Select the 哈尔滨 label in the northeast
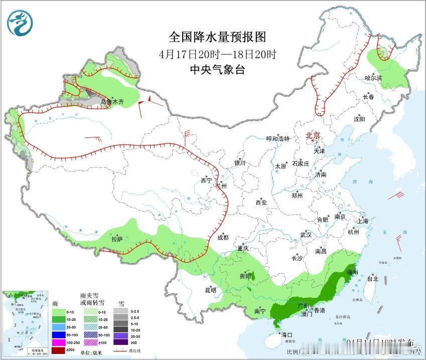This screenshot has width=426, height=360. (x=373, y=78)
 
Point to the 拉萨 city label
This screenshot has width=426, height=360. (x=116, y=240)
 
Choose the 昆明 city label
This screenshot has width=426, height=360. (x=210, y=290)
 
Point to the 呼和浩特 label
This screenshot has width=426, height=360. (x=278, y=138)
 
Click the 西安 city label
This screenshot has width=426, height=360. (x=261, y=203)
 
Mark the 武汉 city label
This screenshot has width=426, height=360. (x=306, y=235)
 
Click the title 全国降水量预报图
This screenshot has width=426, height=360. (x=217, y=37)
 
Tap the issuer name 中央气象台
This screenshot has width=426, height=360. (x=217, y=70)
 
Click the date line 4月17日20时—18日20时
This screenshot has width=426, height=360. (x=217, y=54)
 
